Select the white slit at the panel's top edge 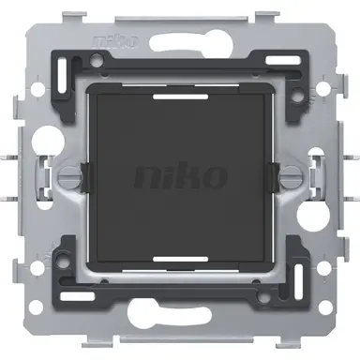[179, 94]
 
